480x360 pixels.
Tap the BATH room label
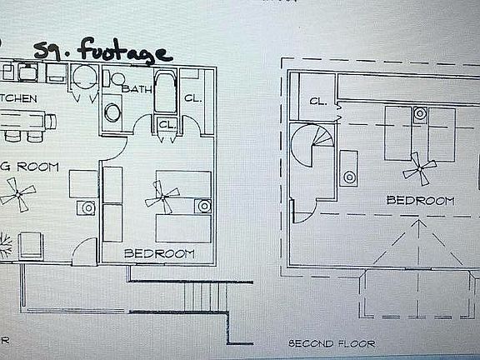[135, 87]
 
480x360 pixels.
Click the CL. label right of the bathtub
[192, 98]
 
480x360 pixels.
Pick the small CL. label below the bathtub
[167, 124]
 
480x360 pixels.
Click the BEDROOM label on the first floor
[158, 252]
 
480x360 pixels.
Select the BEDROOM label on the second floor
[420, 201]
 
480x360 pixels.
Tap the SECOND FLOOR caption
[332, 343]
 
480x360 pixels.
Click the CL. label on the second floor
[317, 102]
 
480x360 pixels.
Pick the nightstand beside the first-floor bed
[202, 205]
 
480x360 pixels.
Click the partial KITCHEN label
[18, 98]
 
